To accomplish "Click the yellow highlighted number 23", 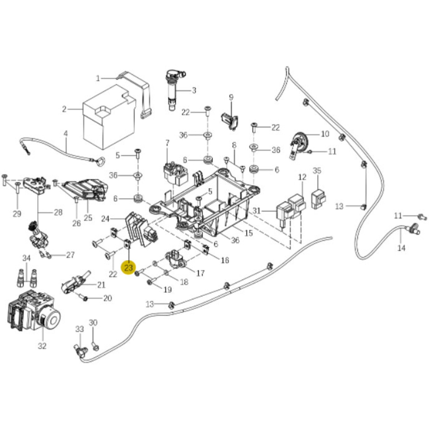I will click(x=129, y=267).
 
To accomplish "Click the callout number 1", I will click(x=98, y=78).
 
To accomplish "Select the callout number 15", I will click(x=249, y=233).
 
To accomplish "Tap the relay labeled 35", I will click(x=318, y=199).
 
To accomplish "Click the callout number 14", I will click(x=401, y=248).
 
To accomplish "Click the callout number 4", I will click(x=66, y=134).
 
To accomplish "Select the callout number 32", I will click(x=42, y=346).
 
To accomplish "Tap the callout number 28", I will click(x=58, y=212).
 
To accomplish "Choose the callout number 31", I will click(x=256, y=210).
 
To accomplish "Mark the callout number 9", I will click(x=231, y=98).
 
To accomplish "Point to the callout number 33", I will click(x=79, y=329).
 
